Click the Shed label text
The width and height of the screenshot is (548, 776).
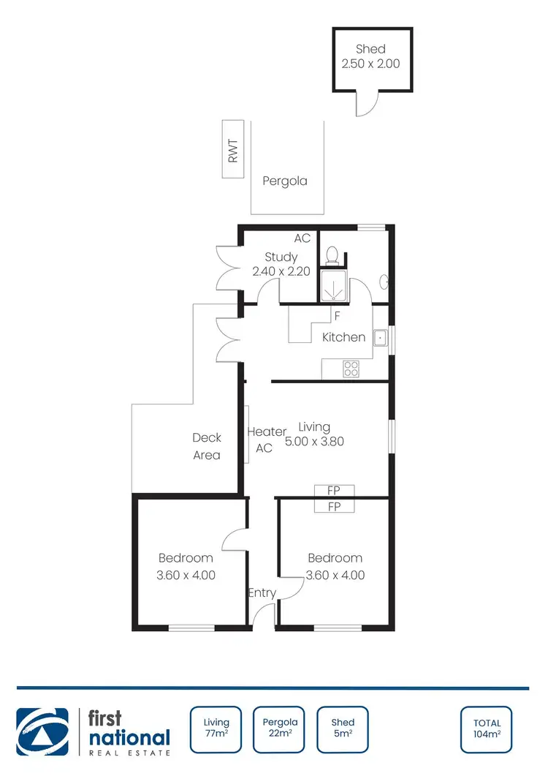pyautogui.click(x=370, y=50)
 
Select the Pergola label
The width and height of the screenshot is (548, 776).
pyautogui.click(x=285, y=181)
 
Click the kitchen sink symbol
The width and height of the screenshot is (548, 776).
pyautogui.click(x=380, y=338)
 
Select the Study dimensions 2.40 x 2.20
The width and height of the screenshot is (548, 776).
pyautogui.click(x=281, y=271)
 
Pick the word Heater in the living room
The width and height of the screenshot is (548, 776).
pyautogui.click(x=267, y=432)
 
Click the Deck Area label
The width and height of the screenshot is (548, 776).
pyautogui.click(x=207, y=446)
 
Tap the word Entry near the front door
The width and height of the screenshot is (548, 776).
pyautogui.click(x=262, y=593)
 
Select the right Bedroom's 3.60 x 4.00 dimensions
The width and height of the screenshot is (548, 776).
pyautogui.click(x=335, y=575)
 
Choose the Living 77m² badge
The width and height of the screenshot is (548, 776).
pyautogui.click(x=216, y=729)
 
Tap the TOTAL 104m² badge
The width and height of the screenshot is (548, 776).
pyautogui.click(x=486, y=729)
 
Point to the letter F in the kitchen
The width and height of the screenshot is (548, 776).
pyautogui.click(x=337, y=316)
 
